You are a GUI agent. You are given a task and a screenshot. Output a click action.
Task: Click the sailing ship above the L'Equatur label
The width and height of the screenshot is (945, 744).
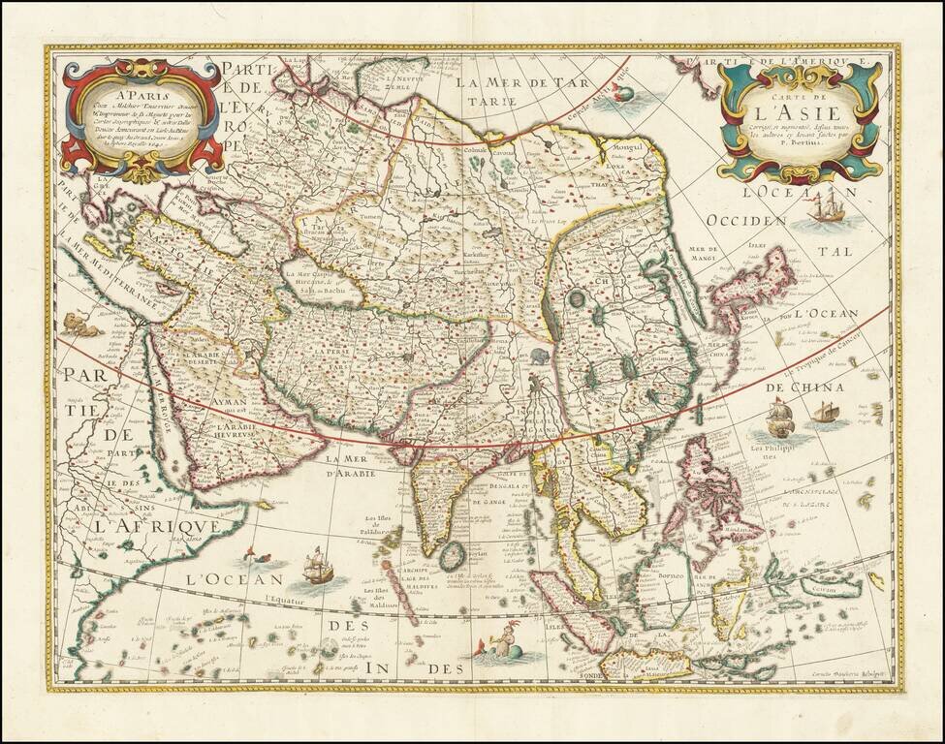coord(318,566)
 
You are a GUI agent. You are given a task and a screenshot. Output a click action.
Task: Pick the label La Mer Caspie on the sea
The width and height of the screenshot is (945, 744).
coord(313,276)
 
